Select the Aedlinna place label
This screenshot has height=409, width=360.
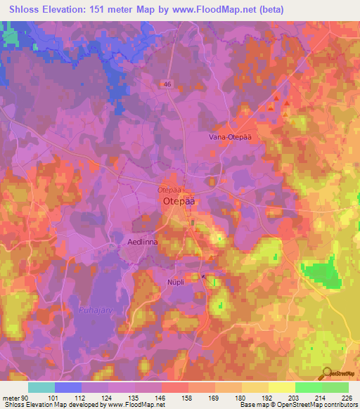[141, 242]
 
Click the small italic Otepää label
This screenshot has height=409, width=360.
[169, 190]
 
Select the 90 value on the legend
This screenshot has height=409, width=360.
[23, 398]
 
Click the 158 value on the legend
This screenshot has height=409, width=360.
[188, 398]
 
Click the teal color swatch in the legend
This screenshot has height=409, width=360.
[41, 387]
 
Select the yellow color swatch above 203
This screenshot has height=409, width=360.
[281, 387]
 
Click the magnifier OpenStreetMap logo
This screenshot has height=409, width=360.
[326, 373]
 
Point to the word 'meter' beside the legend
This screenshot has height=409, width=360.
[11, 398]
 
